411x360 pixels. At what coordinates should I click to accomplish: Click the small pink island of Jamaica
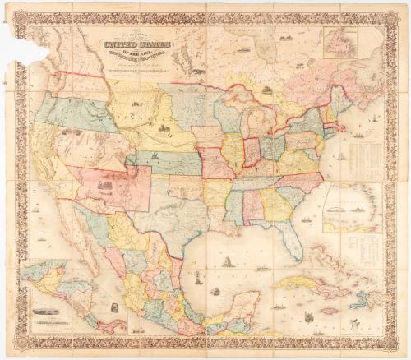click(331, 311)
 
